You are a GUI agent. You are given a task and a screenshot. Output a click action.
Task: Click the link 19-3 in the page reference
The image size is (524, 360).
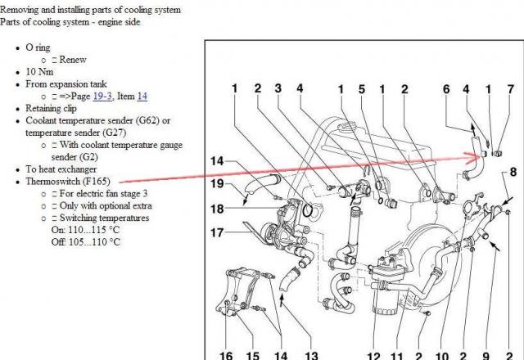[102, 97]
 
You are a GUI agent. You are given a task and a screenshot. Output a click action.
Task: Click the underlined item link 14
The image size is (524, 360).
[142, 97]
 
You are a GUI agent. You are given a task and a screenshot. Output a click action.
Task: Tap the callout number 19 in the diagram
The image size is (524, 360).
[217, 183]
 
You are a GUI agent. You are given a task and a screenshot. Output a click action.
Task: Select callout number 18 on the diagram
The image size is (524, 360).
[217, 209]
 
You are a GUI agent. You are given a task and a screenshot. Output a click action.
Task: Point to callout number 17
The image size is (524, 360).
[217, 232]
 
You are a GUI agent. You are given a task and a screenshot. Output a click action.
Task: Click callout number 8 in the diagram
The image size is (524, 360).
[513, 173]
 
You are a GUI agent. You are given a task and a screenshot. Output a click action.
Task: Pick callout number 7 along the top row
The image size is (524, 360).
[510, 89]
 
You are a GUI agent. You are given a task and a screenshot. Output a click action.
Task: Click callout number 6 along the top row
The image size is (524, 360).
[446, 89]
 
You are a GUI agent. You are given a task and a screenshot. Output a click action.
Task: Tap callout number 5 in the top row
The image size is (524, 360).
[362, 89]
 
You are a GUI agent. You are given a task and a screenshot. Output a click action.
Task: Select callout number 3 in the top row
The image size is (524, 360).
[278, 88]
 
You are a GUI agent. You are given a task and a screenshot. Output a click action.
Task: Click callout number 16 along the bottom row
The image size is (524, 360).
[226, 355]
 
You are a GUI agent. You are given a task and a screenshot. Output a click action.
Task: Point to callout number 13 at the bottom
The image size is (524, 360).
[311, 355]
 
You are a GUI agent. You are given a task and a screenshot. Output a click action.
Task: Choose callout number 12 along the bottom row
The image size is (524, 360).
[374, 356]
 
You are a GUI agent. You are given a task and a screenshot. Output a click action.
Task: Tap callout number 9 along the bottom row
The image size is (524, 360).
[486, 356]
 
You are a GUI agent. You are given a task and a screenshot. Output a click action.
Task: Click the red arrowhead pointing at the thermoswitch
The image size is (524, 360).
[474, 158]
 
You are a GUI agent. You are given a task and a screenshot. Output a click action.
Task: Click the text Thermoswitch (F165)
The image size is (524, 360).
[68, 182]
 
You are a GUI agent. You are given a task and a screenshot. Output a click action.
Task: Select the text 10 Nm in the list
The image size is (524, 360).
[39, 72]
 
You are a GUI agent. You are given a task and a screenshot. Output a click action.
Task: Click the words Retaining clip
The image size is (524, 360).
[51, 109]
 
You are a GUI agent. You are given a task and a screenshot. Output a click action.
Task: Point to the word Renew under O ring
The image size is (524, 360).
[73, 60]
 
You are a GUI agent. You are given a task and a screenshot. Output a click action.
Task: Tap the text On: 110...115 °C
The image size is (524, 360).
[85, 230]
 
